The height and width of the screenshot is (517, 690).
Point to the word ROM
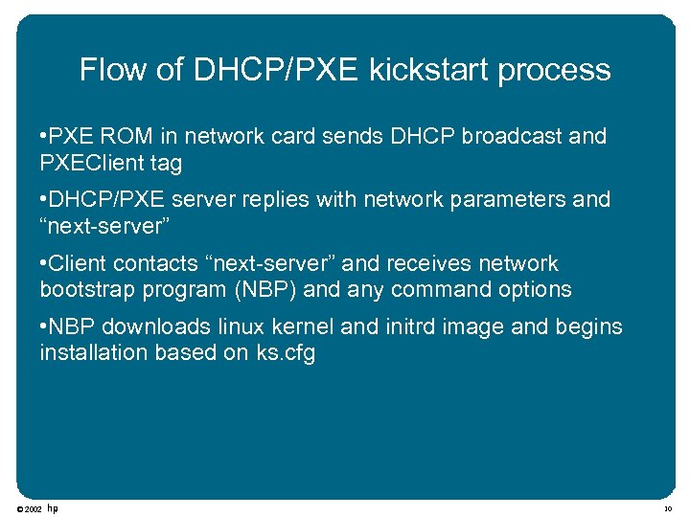pyautogui.click(x=115, y=136)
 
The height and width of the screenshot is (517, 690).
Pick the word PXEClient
pyautogui.click(x=90, y=163)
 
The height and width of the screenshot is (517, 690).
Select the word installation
pyautogui.click(x=96, y=352)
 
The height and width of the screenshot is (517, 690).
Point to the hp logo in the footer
pyautogui.click(x=53, y=507)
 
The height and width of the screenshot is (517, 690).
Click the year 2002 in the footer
pyautogui.click(x=33, y=508)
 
